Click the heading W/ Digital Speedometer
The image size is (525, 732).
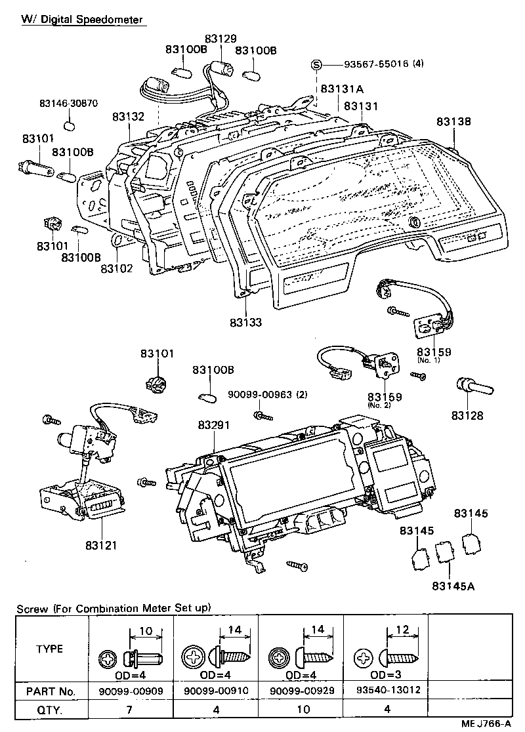tap(82, 20)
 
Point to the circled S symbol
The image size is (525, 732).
tap(316, 64)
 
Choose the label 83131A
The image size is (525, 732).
tap(342, 89)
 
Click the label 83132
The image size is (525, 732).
tap(128, 116)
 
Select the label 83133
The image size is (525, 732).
tap(246, 323)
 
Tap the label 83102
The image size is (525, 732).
tap(117, 268)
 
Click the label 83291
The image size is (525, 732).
tap(214, 425)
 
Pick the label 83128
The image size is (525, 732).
tap(467, 416)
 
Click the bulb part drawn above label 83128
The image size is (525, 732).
tap(471, 387)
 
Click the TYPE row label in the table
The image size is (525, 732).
tap(50, 649)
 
